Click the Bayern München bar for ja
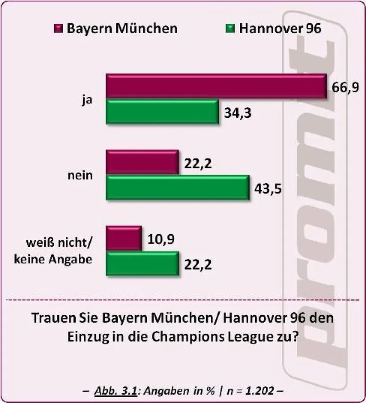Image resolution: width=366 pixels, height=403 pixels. click(x=216, y=85)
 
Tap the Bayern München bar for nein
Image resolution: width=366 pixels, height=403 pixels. click(x=142, y=162)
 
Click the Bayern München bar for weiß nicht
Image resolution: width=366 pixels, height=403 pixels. click(x=123, y=237)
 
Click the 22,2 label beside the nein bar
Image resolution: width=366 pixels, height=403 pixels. click(x=198, y=164)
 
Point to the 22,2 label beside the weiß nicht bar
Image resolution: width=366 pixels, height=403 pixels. click(x=198, y=265)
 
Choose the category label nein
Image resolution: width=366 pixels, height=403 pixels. click(x=81, y=175)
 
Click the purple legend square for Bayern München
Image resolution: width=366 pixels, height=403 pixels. click(x=58, y=29)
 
